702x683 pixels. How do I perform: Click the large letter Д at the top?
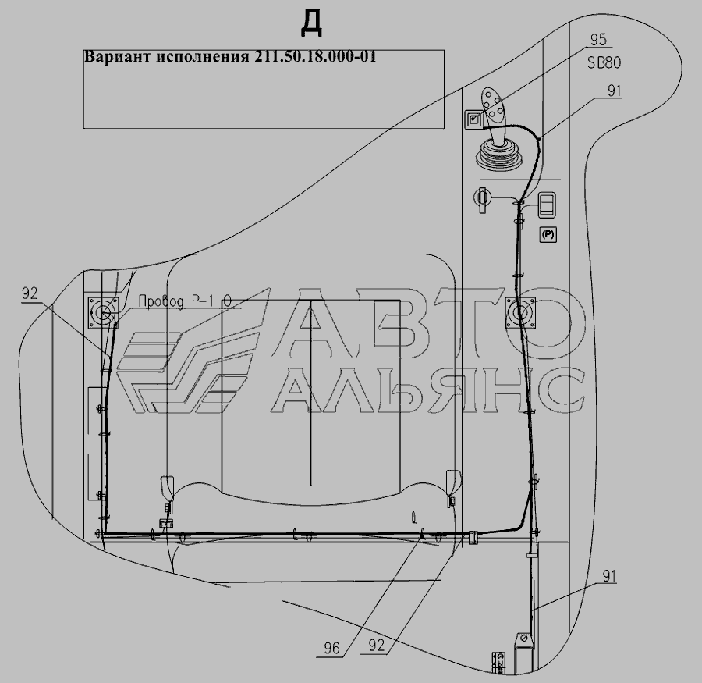coord(311,23)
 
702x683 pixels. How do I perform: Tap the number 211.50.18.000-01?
coord(316,56)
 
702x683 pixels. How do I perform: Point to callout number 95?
coord(598,40)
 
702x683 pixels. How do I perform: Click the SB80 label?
coord(604,62)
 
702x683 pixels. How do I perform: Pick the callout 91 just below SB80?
coord(615,91)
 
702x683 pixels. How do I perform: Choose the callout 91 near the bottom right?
coord(609,576)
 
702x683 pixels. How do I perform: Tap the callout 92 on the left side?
coord(30,293)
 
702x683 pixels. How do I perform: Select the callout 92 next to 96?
coord(377,646)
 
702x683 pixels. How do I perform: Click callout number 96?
coord(331,648)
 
